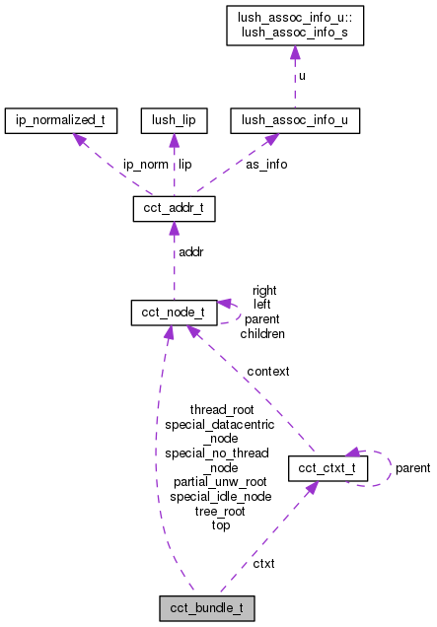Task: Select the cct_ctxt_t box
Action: [x=327, y=468]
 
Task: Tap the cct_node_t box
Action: [x=174, y=313]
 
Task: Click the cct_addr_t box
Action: [x=174, y=209]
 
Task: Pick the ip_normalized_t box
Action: [x=61, y=121]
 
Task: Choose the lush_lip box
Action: [x=174, y=121]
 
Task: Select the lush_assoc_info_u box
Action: [x=294, y=121]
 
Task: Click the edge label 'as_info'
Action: [x=266, y=165]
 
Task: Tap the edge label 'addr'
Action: [x=190, y=253]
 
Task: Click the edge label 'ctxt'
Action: [x=263, y=563]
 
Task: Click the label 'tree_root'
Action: [x=220, y=511]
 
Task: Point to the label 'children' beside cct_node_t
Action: [x=262, y=334]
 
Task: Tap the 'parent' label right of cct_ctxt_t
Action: [x=412, y=468]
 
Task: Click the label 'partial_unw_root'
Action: [x=220, y=482]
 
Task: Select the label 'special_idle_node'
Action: [x=220, y=497]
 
